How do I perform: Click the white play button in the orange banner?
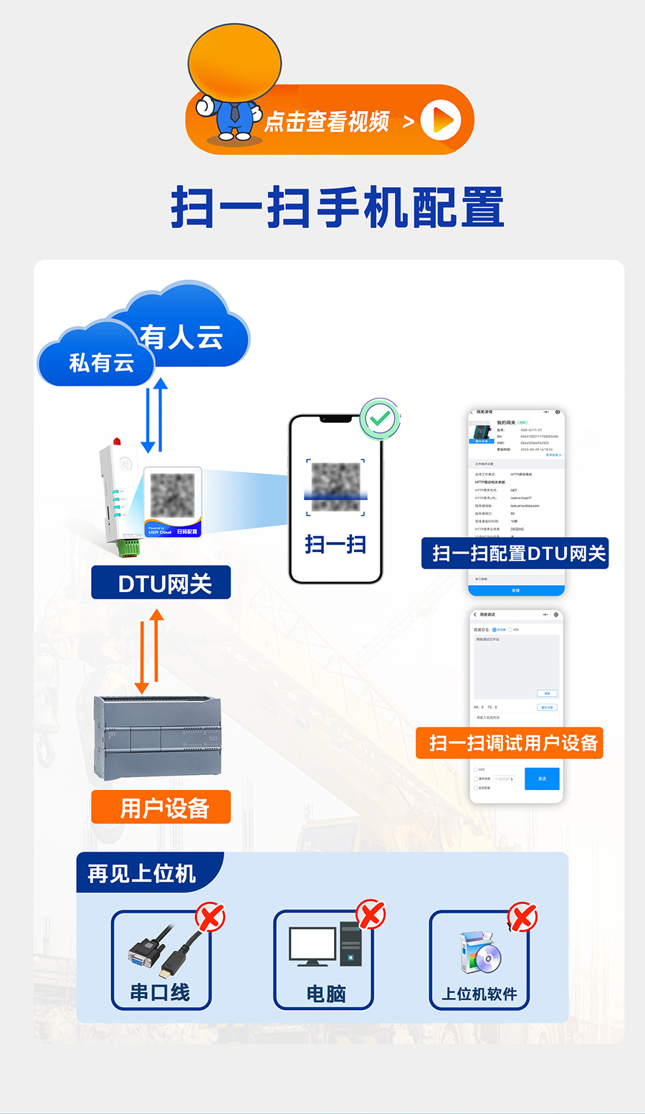[x=440, y=120]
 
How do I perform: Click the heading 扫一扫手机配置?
[x=337, y=208]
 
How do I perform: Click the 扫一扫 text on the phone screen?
[x=335, y=544]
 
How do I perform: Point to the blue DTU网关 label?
[x=161, y=583]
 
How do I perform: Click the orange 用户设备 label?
[x=161, y=807]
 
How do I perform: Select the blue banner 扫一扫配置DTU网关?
[x=515, y=553]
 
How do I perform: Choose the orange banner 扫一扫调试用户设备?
[x=510, y=743]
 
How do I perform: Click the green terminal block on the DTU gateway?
[x=130, y=548]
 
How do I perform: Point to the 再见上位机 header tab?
[x=142, y=872]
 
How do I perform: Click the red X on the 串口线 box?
[x=210, y=917]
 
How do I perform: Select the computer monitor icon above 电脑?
[x=312, y=946]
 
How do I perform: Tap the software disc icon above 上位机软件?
[x=480, y=953]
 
